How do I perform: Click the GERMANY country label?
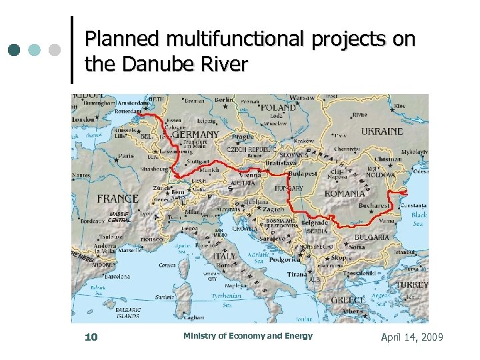[x=195, y=134]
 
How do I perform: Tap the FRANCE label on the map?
[x=118, y=198]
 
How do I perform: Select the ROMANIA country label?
[x=345, y=193]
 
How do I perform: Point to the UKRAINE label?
[x=382, y=131]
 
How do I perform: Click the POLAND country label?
[x=279, y=107]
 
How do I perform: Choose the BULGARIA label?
[x=372, y=237]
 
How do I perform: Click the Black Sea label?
[x=419, y=219]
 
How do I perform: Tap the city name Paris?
[x=126, y=157]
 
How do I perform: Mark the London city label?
[x=84, y=119]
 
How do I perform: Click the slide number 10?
[x=91, y=337]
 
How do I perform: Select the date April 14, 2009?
[x=411, y=337]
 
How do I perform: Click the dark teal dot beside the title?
[x=15, y=50]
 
